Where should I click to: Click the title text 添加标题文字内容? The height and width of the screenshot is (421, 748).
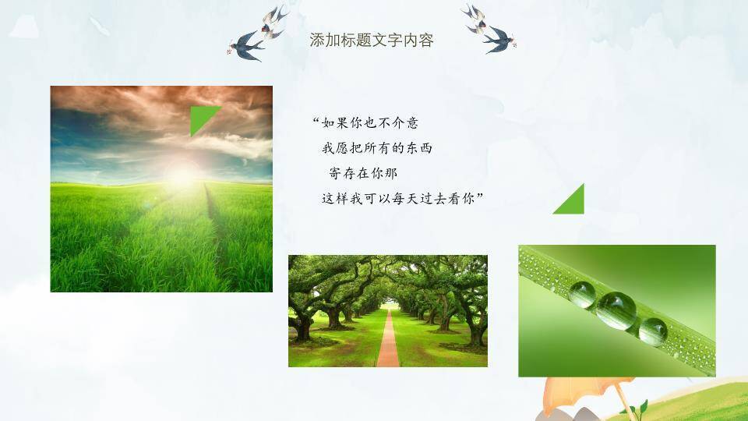(x=371, y=40)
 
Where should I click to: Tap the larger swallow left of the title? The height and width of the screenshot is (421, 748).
(x=245, y=46)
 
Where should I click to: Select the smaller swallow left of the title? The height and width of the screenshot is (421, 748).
(x=273, y=22)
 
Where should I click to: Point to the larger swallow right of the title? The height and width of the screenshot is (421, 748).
(x=499, y=40)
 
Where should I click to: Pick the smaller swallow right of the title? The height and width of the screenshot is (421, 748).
(x=475, y=18)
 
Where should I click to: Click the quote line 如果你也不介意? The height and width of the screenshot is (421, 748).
(x=369, y=123)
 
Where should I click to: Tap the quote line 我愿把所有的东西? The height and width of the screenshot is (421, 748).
(x=377, y=148)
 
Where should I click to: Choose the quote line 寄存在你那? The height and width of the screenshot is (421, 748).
(x=363, y=173)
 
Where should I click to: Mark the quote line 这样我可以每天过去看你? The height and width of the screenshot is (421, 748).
(x=398, y=198)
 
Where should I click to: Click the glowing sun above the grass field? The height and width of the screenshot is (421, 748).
(x=182, y=175)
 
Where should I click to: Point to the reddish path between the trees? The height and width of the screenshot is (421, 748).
(x=388, y=338)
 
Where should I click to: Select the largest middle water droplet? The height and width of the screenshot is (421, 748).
(x=616, y=311)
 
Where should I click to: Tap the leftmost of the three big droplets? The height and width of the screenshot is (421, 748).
(x=582, y=295)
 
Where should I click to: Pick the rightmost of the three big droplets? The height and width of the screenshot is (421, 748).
(x=653, y=332)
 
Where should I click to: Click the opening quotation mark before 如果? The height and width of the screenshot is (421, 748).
(x=316, y=119)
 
